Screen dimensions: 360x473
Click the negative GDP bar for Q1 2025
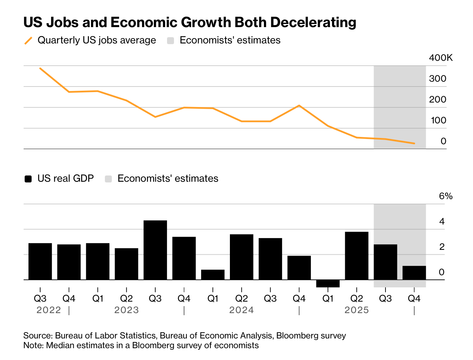(x=328, y=283)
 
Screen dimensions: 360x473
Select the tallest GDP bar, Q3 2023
(x=155, y=250)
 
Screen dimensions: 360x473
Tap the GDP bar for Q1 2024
(x=213, y=275)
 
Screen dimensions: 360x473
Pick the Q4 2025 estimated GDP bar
(x=414, y=273)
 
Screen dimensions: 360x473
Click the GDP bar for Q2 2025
(x=357, y=255)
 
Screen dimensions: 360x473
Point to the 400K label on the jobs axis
(x=441, y=58)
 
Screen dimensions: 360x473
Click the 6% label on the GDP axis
(x=446, y=196)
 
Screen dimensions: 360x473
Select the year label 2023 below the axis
(x=126, y=310)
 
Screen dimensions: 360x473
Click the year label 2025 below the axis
(x=357, y=310)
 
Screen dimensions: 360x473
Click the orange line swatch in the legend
(x=28, y=41)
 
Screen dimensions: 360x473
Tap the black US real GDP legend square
(x=28, y=179)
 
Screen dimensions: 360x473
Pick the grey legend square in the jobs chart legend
(x=171, y=41)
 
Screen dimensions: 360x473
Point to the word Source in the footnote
(x=37, y=336)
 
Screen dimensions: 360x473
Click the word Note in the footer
(x=33, y=345)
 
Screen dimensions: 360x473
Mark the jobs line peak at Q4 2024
(x=299, y=105)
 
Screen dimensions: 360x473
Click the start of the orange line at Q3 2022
(x=40, y=68)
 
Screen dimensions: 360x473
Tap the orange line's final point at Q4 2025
(x=414, y=143)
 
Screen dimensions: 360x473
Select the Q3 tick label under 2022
(x=40, y=298)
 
